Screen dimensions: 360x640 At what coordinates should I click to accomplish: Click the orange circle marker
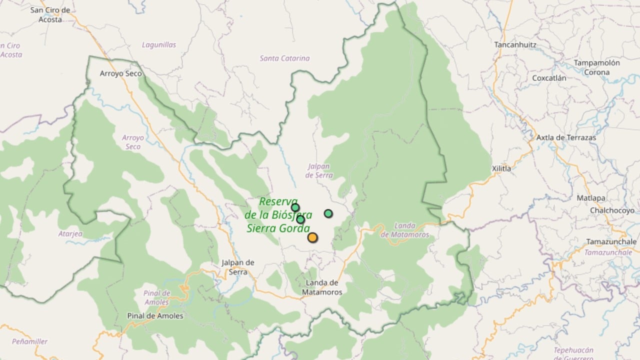tap(312, 237)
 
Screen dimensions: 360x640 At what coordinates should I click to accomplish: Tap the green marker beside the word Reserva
tap(295, 207)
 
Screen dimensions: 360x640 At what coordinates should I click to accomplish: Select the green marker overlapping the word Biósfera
tap(300, 219)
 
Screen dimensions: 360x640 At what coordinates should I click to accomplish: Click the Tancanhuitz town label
tap(515, 44)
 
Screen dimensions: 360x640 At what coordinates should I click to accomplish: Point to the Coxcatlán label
tap(549, 78)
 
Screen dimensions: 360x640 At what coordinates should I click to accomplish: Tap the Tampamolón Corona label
tap(596, 67)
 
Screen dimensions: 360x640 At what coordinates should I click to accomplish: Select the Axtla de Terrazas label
tap(566, 137)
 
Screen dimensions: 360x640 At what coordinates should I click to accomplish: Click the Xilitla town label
tap(501, 168)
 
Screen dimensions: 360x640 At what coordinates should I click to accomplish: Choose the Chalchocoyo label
tap(612, 210)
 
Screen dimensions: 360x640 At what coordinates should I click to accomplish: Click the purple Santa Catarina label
tap(284, 58)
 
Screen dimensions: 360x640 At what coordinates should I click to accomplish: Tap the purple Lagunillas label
tap(159, 45)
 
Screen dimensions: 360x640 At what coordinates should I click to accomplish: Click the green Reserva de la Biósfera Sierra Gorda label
tap(278, 215)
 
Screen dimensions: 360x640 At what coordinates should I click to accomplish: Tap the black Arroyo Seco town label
tap(120, 73)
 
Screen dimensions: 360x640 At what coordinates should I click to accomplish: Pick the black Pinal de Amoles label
tap(155, 316)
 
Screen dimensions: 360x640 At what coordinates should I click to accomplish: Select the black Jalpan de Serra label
tap(238, 267)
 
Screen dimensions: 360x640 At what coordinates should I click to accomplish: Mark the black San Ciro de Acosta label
tap(50, 15)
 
